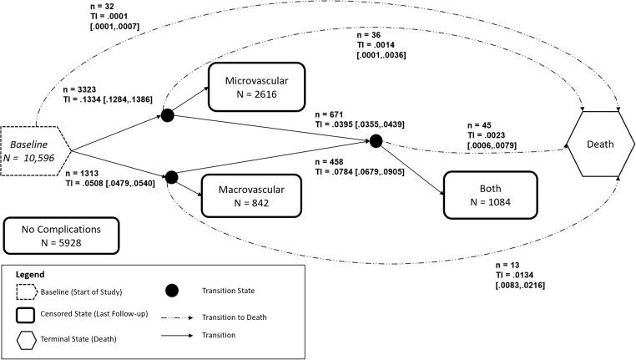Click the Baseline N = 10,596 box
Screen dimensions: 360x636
click(35, 151)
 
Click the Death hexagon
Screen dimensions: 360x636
click(600, 144)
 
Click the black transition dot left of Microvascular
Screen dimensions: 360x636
click(167, 115)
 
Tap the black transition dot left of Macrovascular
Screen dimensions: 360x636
click(173, 177)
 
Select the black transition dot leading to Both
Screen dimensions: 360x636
click(376, 140)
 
